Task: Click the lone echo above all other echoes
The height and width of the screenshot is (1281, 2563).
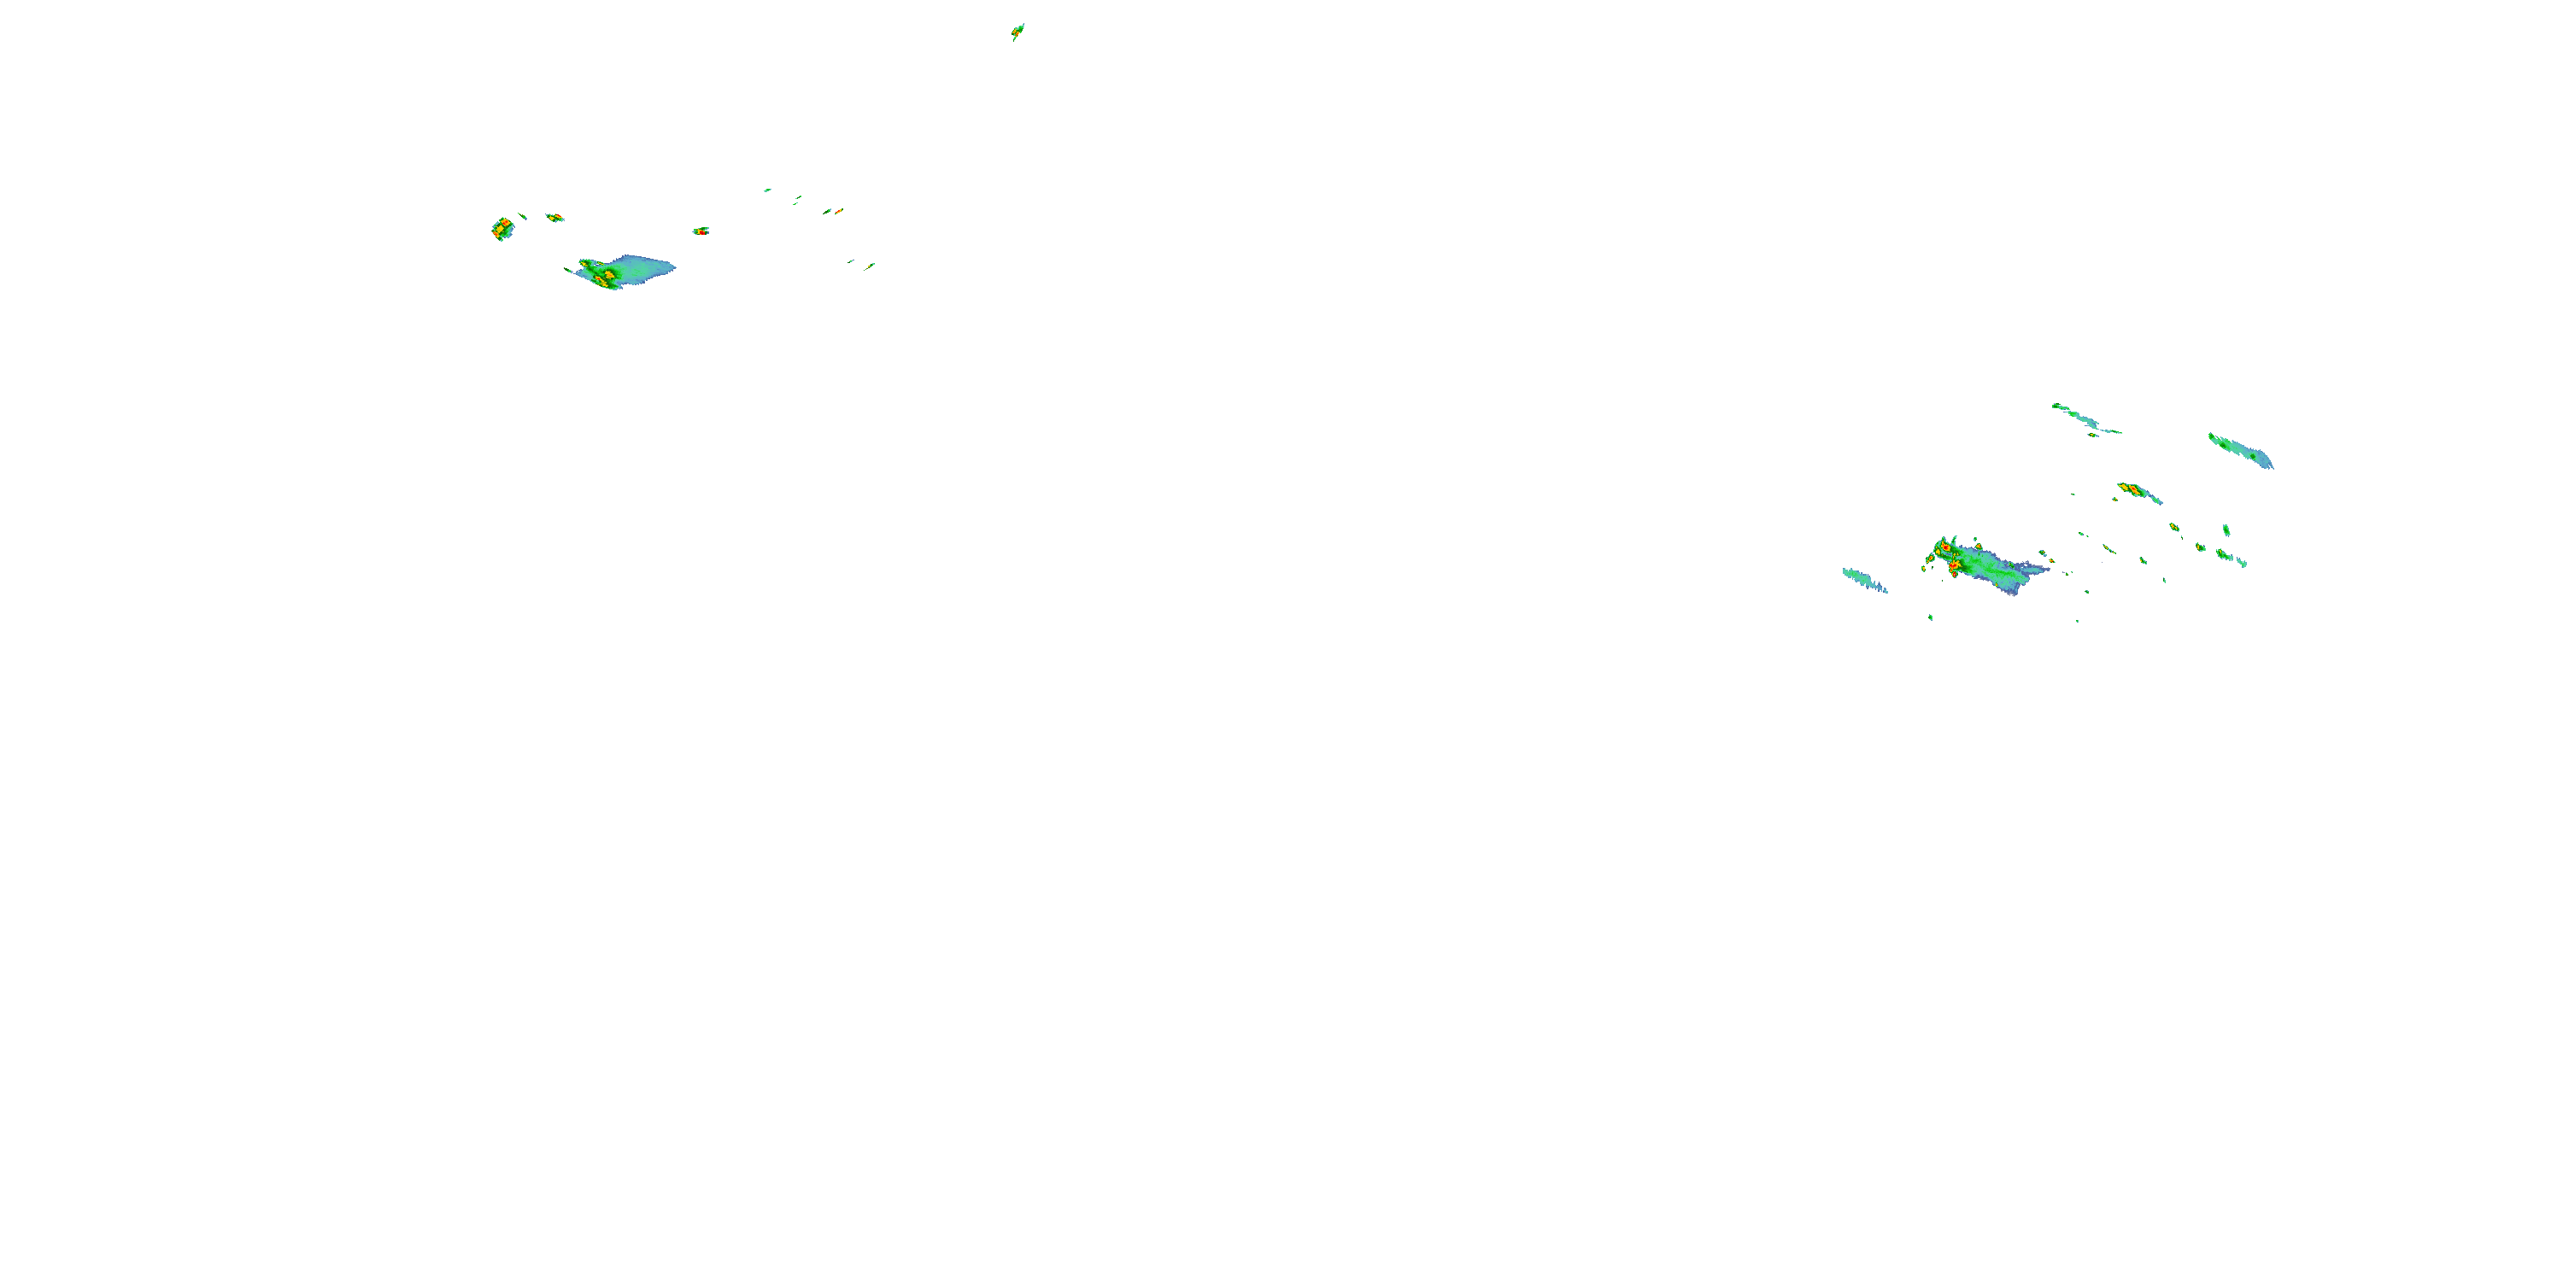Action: pos(1018,32)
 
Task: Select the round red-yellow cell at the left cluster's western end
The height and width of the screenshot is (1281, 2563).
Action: pos(502,229)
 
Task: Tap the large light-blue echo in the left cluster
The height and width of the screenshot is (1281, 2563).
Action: pos(636,268)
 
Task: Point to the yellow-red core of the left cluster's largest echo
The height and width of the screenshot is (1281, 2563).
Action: pos(604,277)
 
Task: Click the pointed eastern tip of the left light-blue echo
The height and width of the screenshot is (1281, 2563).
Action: pos(673,266)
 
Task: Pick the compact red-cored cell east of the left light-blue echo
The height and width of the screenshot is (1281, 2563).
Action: pos(701,231)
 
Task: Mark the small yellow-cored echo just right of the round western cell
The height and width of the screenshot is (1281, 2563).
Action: pos(555,217)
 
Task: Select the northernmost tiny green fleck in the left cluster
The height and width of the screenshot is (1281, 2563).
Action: pos(767,190)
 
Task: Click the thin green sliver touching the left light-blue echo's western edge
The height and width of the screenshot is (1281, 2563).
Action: pos(570,271)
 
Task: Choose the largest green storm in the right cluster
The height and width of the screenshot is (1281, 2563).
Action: pos(1985,567)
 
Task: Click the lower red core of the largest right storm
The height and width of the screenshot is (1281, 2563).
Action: pos(1953,566)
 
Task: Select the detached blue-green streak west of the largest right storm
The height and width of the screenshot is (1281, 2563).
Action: pos(1863,580)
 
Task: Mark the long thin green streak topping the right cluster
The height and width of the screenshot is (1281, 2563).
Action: pos(2084,418)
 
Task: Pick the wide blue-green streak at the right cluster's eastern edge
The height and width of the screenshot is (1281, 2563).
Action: pos(2241,451)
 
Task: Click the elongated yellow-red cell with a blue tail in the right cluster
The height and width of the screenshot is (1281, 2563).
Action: pos(2135,490)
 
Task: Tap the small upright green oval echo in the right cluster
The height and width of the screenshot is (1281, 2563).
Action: pos(2226,530)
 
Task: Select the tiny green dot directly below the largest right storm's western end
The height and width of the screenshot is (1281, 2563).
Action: pos(1931,617)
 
